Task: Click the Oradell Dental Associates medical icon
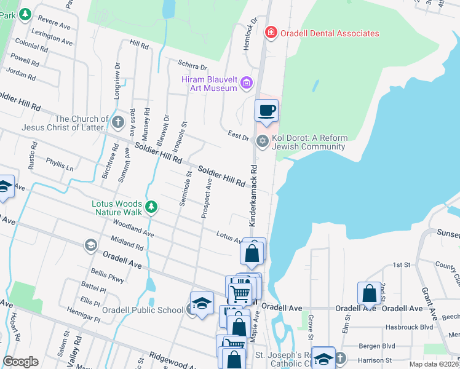(x=270, y=32)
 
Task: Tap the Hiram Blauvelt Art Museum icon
(x=247, y=82)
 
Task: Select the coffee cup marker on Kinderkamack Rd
(x=266, y=111)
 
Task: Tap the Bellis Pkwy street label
(x=108, y=275)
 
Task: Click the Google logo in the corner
(x=20, y=362)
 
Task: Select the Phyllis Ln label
(x=60, y=164)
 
